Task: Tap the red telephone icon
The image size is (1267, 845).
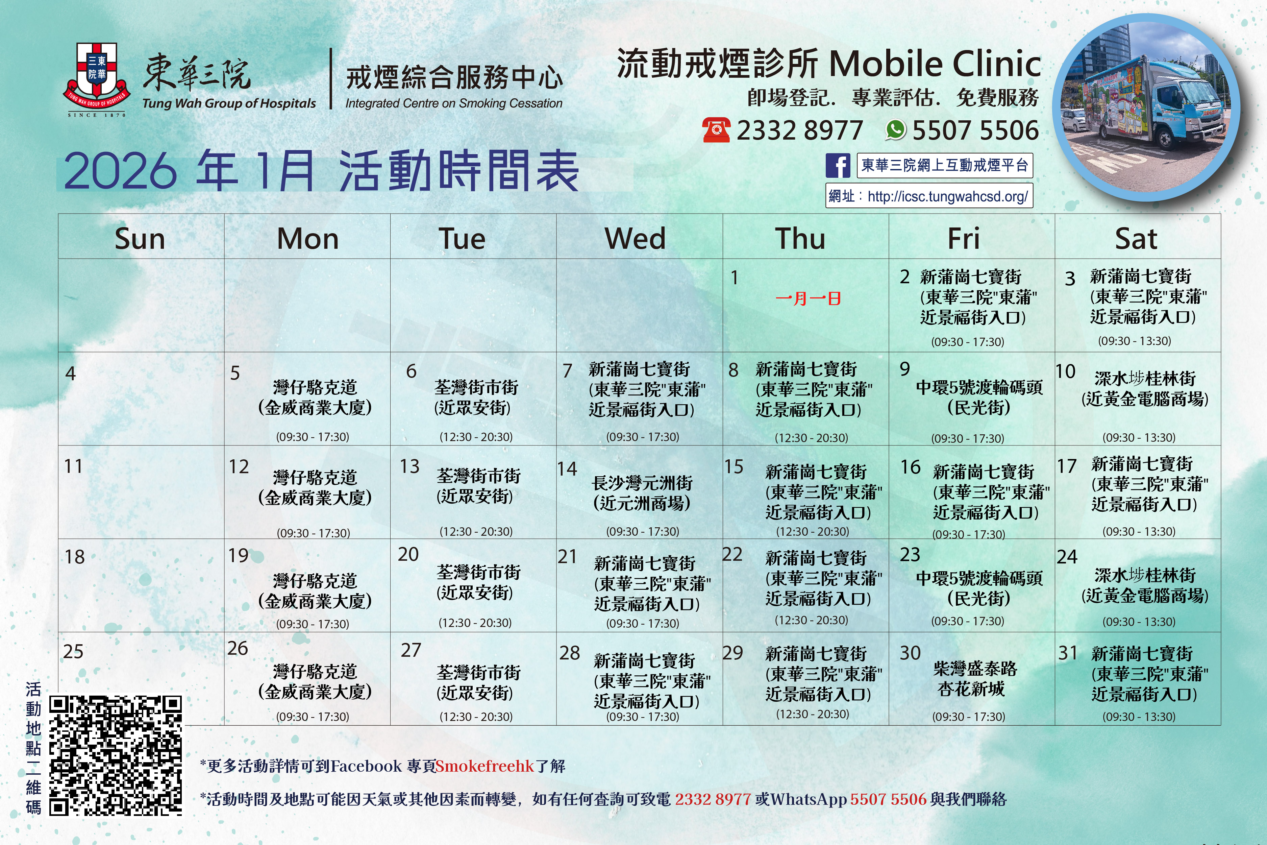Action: [x=717, y=130]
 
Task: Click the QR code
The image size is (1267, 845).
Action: [x=116, y=755]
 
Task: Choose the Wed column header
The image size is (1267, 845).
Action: [x=635, y=238]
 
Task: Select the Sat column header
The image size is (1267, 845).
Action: [x=1136, y=238]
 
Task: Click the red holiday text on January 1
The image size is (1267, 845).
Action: [x=808, y=298]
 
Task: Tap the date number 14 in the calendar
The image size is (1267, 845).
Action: [x=567, y=469]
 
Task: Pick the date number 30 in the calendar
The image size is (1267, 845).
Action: [x=911, y=653]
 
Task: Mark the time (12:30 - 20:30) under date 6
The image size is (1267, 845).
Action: [x=476, y=436]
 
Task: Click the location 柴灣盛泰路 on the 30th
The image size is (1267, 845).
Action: [x=975, y=669]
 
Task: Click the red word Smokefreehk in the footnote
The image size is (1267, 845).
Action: [x=484, y=766]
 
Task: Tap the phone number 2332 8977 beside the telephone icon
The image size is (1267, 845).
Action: [x=800, y=130]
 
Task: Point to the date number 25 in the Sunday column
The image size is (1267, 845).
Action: [x=73, y=652]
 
